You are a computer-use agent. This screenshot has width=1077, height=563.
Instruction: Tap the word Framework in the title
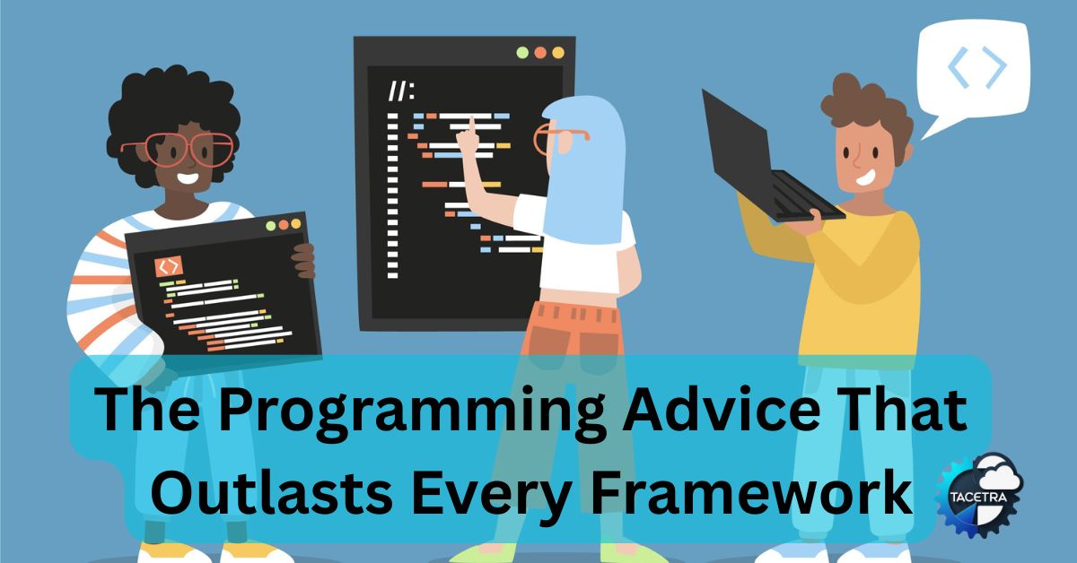point(751,492)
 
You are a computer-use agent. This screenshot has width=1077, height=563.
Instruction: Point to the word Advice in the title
point(722,408)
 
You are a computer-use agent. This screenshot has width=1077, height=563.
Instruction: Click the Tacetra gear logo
point(979,495)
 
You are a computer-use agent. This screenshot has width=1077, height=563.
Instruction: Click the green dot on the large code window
point(522,53)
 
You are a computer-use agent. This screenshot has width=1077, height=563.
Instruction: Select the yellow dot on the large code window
point(558,53)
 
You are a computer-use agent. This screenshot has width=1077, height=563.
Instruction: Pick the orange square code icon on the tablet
point(169,266)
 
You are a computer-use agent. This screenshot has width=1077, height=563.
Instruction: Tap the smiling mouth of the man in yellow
point(865,178)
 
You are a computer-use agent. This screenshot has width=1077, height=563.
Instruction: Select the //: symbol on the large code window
point(401,91)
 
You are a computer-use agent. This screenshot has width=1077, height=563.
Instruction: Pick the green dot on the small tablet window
point(271,226)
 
